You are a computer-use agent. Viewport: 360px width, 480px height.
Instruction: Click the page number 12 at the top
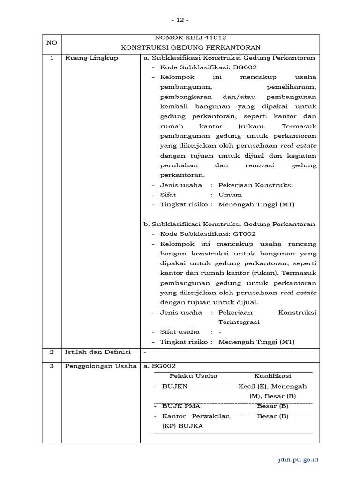point(180,20)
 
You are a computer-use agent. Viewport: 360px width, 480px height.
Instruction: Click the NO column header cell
point(52,43)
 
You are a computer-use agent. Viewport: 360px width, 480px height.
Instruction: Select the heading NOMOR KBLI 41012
point(190,37)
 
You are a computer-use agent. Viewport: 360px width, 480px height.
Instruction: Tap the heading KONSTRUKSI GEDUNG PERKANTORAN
point(190,48)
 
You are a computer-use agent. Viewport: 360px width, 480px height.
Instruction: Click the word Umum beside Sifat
point(230,195)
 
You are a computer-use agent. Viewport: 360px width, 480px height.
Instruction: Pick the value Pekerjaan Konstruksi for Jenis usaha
point(255,185)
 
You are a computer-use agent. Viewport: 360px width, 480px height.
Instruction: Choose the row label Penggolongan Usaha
point(101,366)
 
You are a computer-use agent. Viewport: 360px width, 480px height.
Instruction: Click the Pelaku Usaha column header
point(193,376)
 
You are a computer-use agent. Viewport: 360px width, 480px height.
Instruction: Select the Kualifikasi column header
point(272,376)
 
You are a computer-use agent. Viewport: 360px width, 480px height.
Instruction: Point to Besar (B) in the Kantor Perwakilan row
point(272,416)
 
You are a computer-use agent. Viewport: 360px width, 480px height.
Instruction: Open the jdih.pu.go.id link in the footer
point(299,460)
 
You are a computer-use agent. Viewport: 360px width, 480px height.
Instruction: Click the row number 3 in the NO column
point(52,366)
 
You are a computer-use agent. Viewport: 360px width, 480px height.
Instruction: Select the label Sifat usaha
point(180,332)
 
